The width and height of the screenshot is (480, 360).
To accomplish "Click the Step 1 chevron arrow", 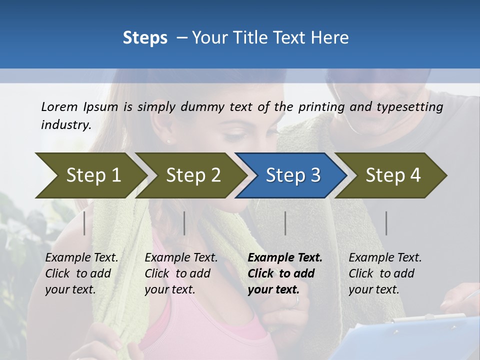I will point(93,175).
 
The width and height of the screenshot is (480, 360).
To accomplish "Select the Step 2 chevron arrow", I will point(193,175).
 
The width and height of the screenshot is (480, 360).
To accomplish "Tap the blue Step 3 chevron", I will point(293,175).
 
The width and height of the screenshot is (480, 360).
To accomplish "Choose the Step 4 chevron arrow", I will point(393,175).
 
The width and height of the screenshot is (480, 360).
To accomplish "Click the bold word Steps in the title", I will point(145,38).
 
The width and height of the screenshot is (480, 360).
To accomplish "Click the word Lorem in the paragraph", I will point(59,106).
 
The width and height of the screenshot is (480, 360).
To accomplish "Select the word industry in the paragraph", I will point(65,124).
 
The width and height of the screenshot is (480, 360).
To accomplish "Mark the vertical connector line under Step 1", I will point(84,223).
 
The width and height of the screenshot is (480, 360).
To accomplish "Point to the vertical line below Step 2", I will point(184,223).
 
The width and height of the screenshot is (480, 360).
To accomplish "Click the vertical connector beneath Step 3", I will point(285,223).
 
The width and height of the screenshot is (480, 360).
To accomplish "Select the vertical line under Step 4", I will point(386,223).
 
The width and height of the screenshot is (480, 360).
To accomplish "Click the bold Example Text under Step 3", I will point(285,258).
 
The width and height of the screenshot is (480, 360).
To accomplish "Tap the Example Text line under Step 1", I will point(81,258).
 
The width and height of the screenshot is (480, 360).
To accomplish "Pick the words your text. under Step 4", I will point(373,290).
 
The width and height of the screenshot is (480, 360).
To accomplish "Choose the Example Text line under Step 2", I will point(181,258).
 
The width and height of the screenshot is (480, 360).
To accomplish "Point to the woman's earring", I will point(168,141).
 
